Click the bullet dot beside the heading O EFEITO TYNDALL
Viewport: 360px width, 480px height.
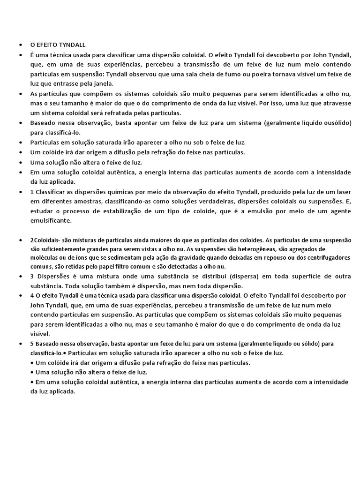[21, 45]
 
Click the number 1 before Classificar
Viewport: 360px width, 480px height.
[32, 192]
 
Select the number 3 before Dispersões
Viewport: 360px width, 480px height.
[32, 276]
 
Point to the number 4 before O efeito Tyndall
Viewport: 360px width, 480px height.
[32, 295]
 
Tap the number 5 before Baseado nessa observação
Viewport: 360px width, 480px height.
[32, 344]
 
